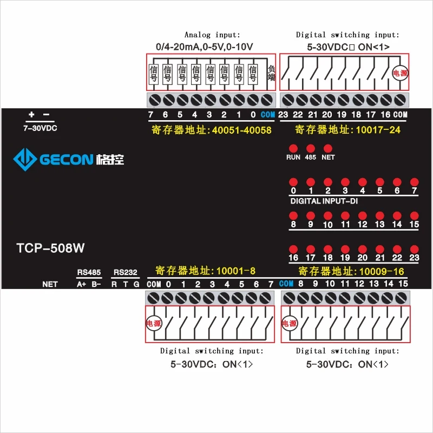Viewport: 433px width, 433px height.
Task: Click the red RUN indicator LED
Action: coord(293,148)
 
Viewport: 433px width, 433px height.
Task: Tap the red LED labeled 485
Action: coord(311,148)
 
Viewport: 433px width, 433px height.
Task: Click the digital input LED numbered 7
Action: coord(415,182)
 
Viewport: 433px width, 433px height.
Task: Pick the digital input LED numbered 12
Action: coord(363,215)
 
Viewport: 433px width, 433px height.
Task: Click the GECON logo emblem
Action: coord(24,159)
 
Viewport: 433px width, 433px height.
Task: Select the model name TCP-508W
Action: coord(50,248)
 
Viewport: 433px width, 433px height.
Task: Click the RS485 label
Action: coord(89,272)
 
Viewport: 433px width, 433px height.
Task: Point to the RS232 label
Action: coord(125,272)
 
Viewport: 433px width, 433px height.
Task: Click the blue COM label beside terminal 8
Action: coord(286,284)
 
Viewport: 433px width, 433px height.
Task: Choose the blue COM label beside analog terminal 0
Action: coord(267,115)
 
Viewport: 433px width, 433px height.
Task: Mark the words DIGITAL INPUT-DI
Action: coord(324,201)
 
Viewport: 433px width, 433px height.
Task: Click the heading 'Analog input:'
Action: coord(212,35)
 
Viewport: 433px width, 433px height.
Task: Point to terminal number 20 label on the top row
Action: coord(327,115)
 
